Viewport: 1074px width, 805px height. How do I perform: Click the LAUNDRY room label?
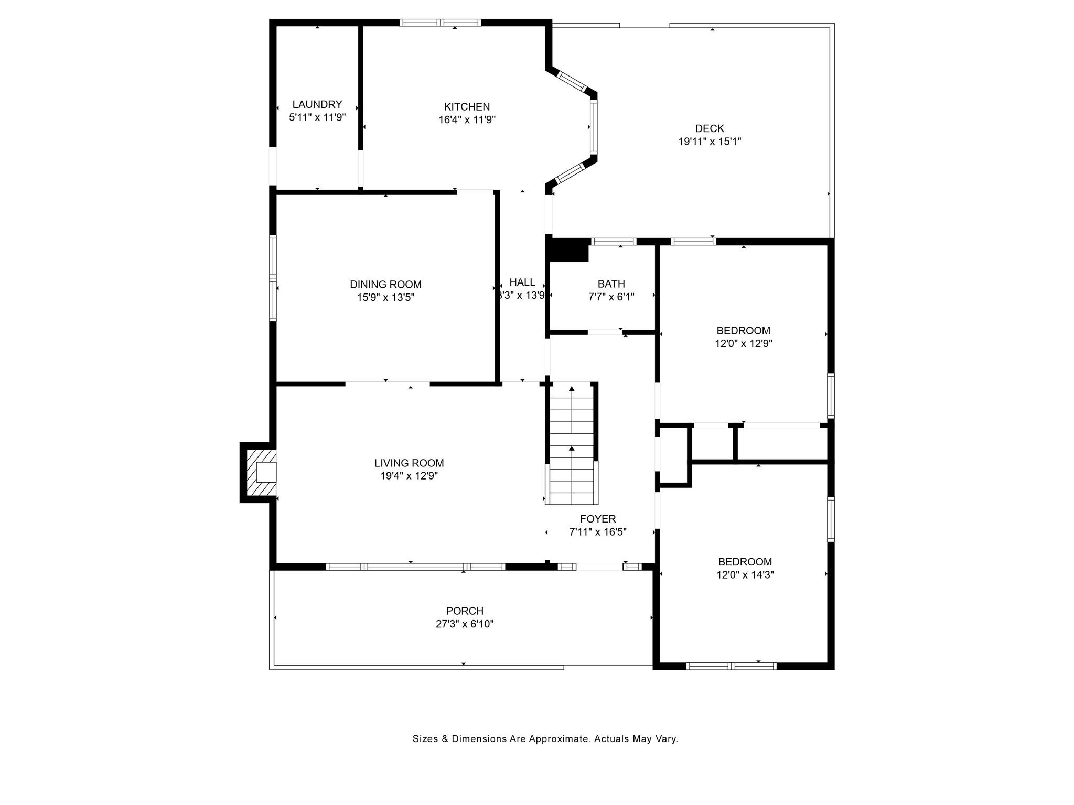tap(317, 104)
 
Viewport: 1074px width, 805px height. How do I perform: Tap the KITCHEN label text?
tap(467, 107)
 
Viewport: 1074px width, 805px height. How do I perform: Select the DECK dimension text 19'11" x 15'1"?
tap(710, 142)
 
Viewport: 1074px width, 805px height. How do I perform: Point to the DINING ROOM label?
tap(385, 285)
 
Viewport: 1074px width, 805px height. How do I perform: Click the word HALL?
tap(522, 282)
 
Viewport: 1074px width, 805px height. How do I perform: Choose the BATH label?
tap(611, 284)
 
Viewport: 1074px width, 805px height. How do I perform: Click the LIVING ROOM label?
tap(409, 463)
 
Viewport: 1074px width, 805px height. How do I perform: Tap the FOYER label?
tap(598, 519)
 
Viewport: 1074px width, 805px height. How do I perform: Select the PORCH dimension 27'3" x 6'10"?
tap(465, 624)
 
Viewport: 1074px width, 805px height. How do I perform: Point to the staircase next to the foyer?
tap(572, 443)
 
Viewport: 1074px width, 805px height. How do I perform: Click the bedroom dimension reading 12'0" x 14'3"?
tap(745, 575)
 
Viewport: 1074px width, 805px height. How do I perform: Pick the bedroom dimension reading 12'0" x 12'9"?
tap(744, 344)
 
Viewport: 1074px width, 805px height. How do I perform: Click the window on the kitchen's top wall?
tap(441, 23)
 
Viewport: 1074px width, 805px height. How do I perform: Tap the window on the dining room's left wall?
tap(273, 278)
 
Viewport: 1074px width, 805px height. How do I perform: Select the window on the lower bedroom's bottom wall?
tap(731, 666)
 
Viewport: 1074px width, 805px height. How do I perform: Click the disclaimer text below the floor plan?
tap(545, 739)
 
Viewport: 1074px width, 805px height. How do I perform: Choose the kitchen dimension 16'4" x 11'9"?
tap(467, 120)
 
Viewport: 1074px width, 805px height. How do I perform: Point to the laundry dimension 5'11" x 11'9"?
tap(317, 117)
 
